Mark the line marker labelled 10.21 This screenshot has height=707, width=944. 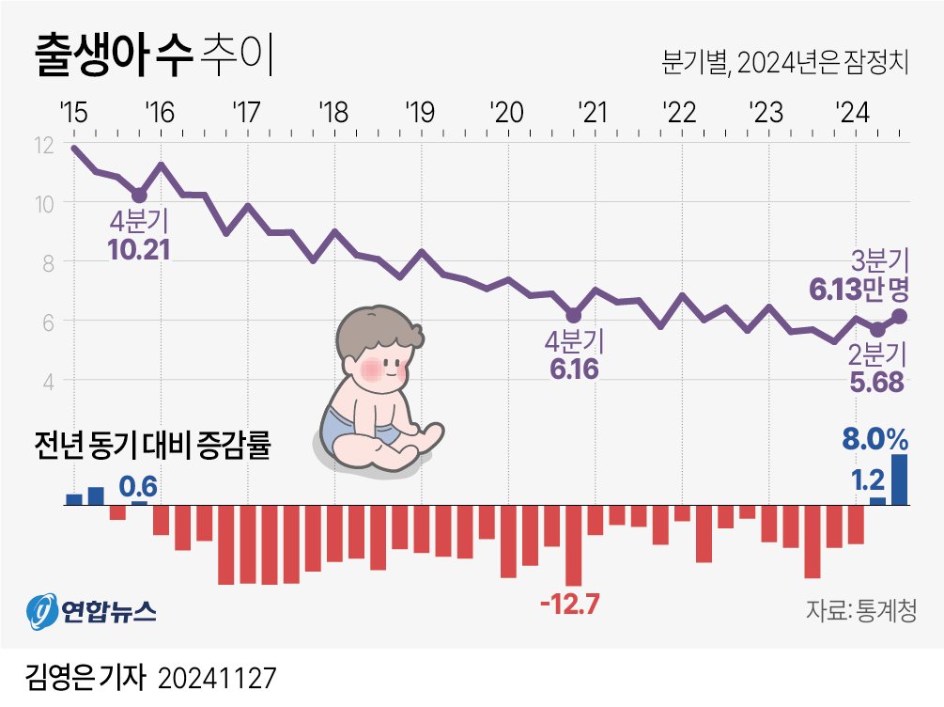pyautogui.click(x=139, y=196)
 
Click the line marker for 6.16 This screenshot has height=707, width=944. pyautogui.click(x=574, y=315)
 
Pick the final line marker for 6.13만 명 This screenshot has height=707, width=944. pyautogui.click(x=900, y=316)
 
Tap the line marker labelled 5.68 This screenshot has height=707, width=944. pyautogui.click(x=877, y=329)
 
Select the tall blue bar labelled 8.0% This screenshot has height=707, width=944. pyautogui.click(x=900, y=479)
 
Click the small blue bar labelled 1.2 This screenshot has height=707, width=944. pyautogui.click(x=877, y=500)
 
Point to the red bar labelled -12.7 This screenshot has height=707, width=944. pyautogui.click(x=573, y=544)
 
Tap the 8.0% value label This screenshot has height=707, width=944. pyautogui.click(x=874, y=439)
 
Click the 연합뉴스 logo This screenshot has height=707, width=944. pyautogui.click(x=91, y=612)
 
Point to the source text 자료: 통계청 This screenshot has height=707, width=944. pyautogui.click(x=860, y=610)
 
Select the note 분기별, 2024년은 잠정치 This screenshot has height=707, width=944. pyautogui.click(x=785, y=64)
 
